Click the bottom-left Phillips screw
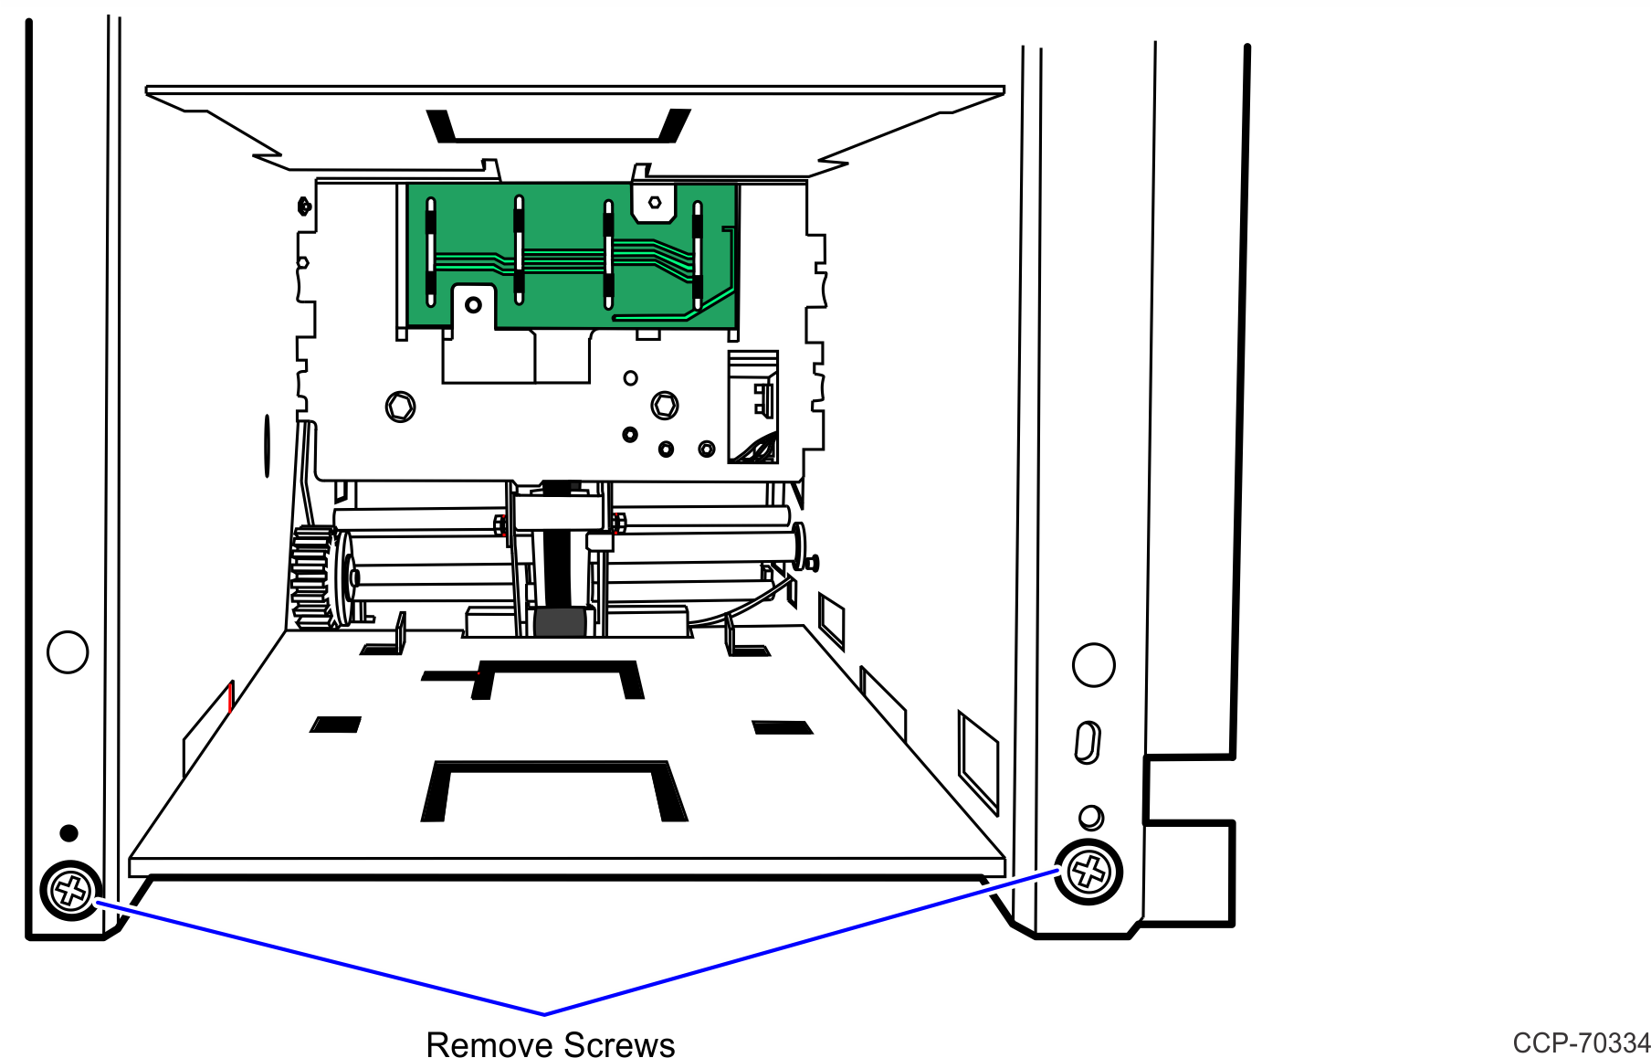click(x=71, y=890)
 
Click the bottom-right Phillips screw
click(x=1088, y=872)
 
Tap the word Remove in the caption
click(x=487, y=1044)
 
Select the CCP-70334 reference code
click(x=1582, y=1042)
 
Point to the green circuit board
click(x=571, y=256)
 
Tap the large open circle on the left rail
click(x=68, y=652)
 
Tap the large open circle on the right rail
click(x=1094, y=665)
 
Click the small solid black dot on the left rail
click(x=68, y=833)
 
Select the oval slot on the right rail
click(x=1088, y=742)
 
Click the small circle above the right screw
click(x=1091, y=817)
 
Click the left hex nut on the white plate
click(x=400, y=407)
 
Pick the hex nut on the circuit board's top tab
click(x=655, y=203)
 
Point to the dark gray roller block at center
click(x=560, y=622)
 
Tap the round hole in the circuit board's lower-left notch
click(x=473, y=304)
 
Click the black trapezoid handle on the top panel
click(x=559, y=126)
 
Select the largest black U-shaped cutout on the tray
click(x=554, y=791)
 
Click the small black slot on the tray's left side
click(x=336, y=725)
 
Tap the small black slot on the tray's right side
click(x=782, y=727)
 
